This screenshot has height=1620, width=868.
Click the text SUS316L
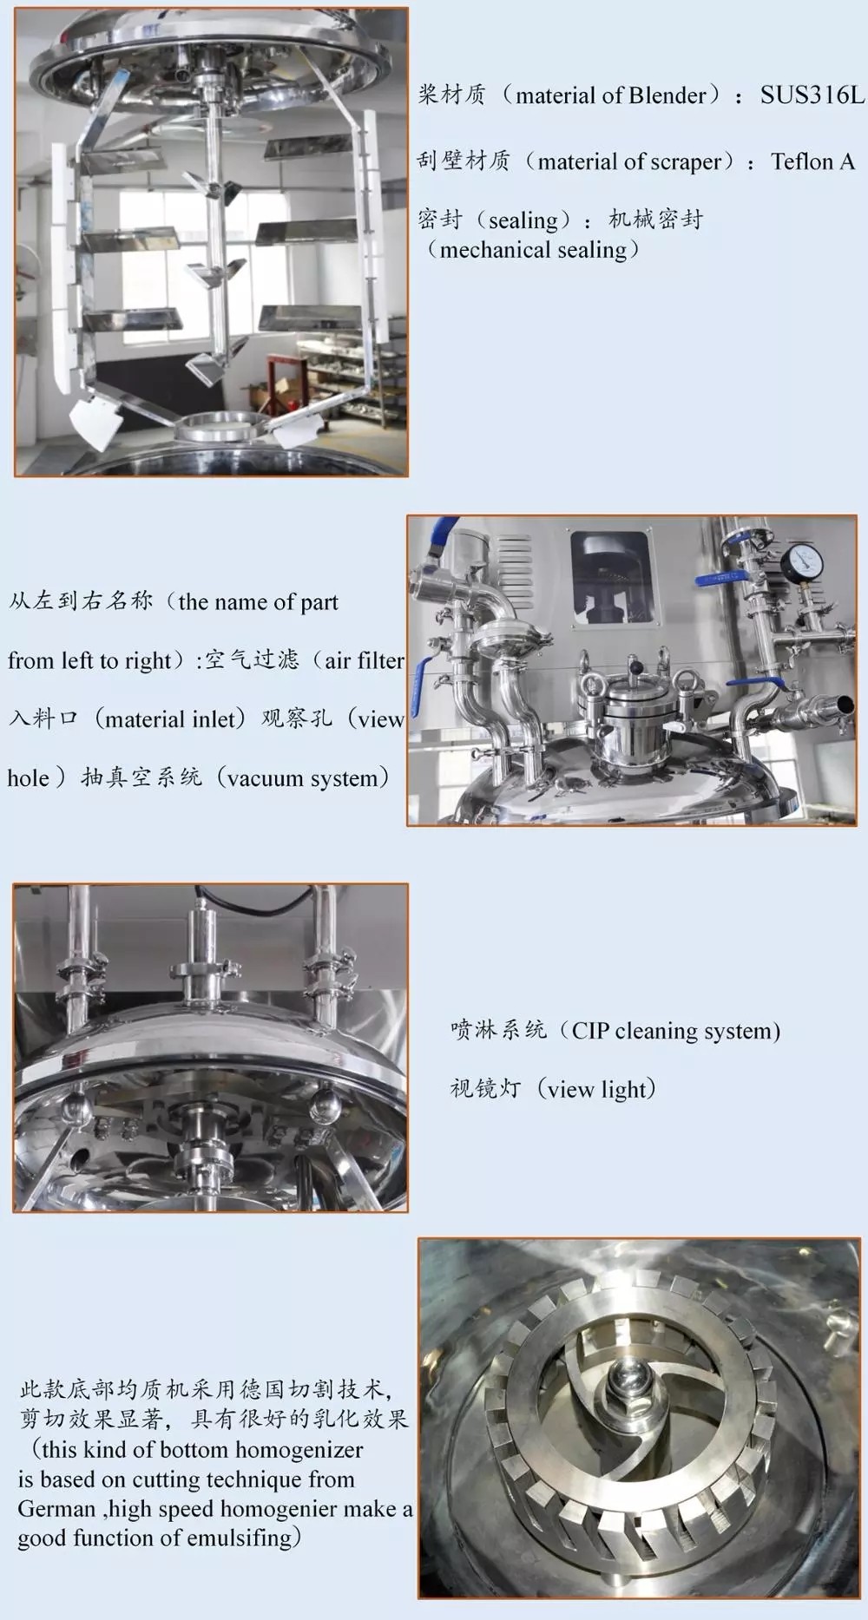812,95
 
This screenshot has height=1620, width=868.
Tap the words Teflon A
812,161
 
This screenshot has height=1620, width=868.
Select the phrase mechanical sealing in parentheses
533,250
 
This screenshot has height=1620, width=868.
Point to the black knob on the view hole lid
636,667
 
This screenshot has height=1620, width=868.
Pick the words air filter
364,660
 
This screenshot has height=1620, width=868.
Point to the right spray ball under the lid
325,1105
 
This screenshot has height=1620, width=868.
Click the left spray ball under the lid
74,1107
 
